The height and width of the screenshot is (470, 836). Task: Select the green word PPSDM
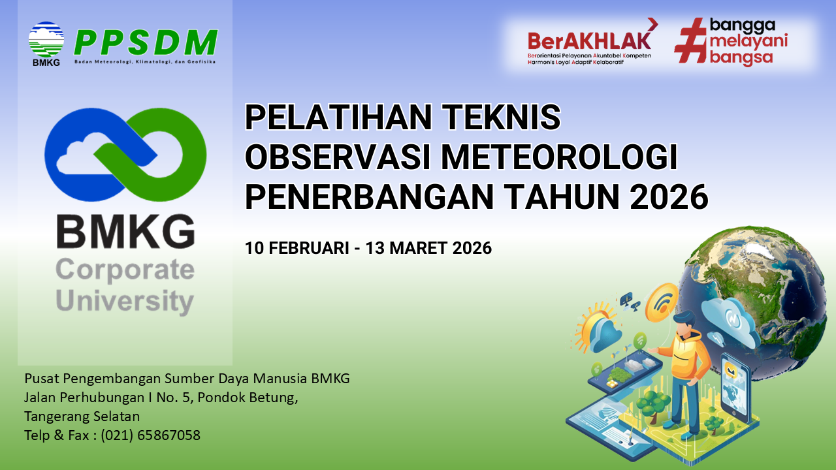click(x=145, y=43)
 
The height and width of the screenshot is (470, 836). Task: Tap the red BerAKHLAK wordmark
click(x=589, y=40)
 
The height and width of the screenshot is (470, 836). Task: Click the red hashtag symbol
click(x=690, y=40)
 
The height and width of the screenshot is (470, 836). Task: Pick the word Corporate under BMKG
click(x=125, y=270)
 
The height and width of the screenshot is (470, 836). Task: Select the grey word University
click(x=125, y=302)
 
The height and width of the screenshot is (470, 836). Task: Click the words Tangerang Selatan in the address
click(x=82, y=416)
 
